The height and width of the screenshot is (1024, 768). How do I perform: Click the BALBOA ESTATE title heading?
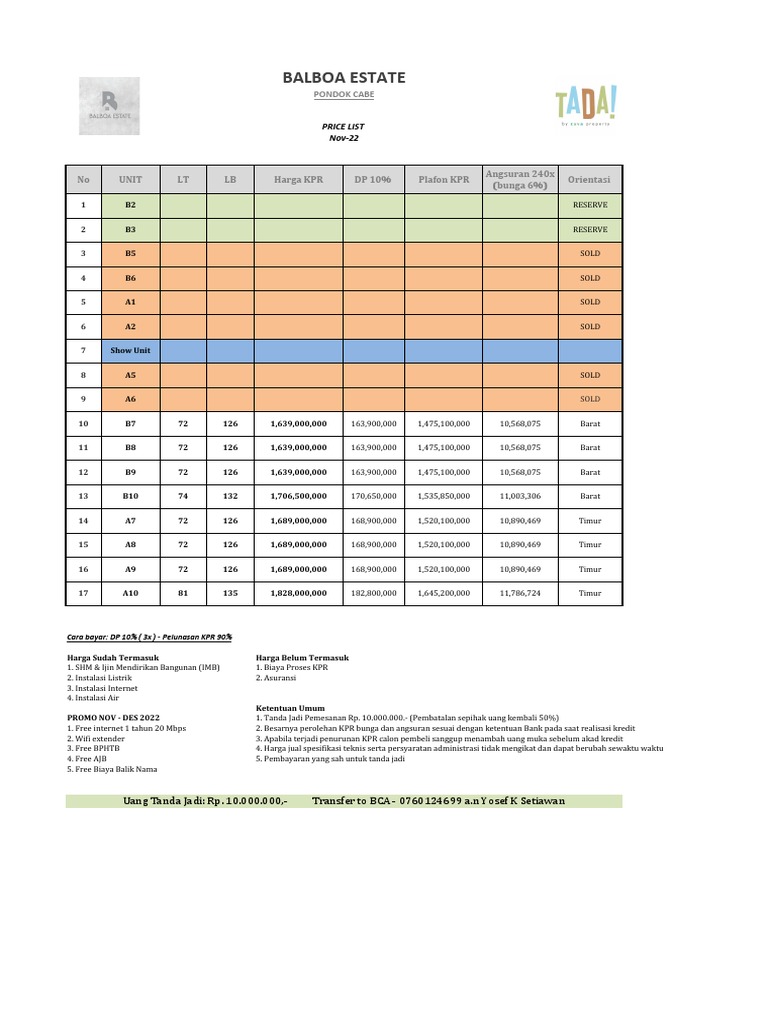pos(344,78)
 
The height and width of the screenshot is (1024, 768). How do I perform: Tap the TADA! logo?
pos(586,103)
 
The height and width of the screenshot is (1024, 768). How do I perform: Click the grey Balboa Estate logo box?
pos(109,107)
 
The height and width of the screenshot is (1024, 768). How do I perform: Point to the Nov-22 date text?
pos(344,138)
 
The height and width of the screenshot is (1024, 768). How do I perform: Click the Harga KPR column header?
pos(298,180)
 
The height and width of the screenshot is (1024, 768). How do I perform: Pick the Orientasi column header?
pos(590,180)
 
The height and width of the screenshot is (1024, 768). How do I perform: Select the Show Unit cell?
pos(131,351)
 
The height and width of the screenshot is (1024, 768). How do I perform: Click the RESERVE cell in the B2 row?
pos(590,205)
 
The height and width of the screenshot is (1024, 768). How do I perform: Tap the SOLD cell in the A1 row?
pos(590,302)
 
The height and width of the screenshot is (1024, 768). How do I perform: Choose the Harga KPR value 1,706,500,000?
pos(298,496)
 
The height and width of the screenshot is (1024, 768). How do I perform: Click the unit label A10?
pos(131,593)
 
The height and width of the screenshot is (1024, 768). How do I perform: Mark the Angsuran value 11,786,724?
pos(519,593)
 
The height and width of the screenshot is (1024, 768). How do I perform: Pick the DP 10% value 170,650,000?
pos(374,496)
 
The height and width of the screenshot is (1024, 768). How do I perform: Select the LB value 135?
pos(230,593)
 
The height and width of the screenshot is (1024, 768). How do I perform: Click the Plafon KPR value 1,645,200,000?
pos(443,593)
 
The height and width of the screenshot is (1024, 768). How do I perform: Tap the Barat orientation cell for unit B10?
pos(590,496)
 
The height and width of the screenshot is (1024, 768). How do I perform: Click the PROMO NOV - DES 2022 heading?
pos(112,718)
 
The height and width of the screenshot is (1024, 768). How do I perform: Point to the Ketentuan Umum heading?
pos(291,708)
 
